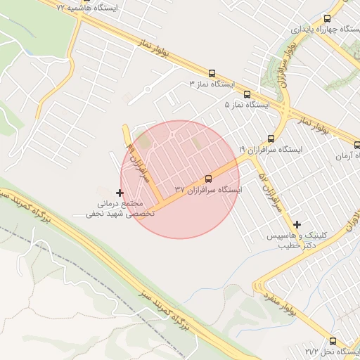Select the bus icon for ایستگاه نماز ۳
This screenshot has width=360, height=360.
tap(212, 72)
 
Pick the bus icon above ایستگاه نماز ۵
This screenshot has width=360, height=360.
tap(247, 94)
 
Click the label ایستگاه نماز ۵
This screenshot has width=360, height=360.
tap(247, 105)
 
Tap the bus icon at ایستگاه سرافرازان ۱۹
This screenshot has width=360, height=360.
tap(271, 139)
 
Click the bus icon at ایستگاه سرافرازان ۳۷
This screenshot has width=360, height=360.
tap(208, 179)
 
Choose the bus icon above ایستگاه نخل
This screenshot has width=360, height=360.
tap(333, 340)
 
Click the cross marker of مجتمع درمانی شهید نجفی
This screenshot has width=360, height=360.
tap(120, 192)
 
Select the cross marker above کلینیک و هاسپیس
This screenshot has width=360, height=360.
tap(297, 225)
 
